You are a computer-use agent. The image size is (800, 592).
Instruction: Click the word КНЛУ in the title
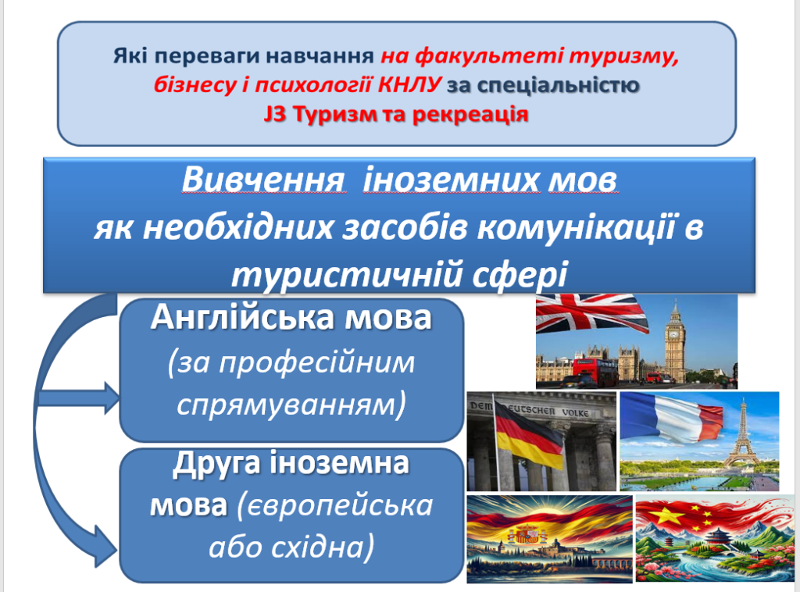tap(409, 84)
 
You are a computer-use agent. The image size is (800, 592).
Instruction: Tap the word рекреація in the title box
tap(470, 114)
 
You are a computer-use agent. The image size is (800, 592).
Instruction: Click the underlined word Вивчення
tap(263, 180)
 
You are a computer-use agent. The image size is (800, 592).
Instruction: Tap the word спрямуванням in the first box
tap(291, 405)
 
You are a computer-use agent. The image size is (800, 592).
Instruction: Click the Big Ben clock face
tap(674, 336)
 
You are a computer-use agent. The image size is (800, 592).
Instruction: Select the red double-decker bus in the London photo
tap(595, 371)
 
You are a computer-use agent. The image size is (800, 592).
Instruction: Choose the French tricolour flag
tap(671, 417)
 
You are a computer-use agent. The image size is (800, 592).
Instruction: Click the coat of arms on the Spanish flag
tap(526, 534)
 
